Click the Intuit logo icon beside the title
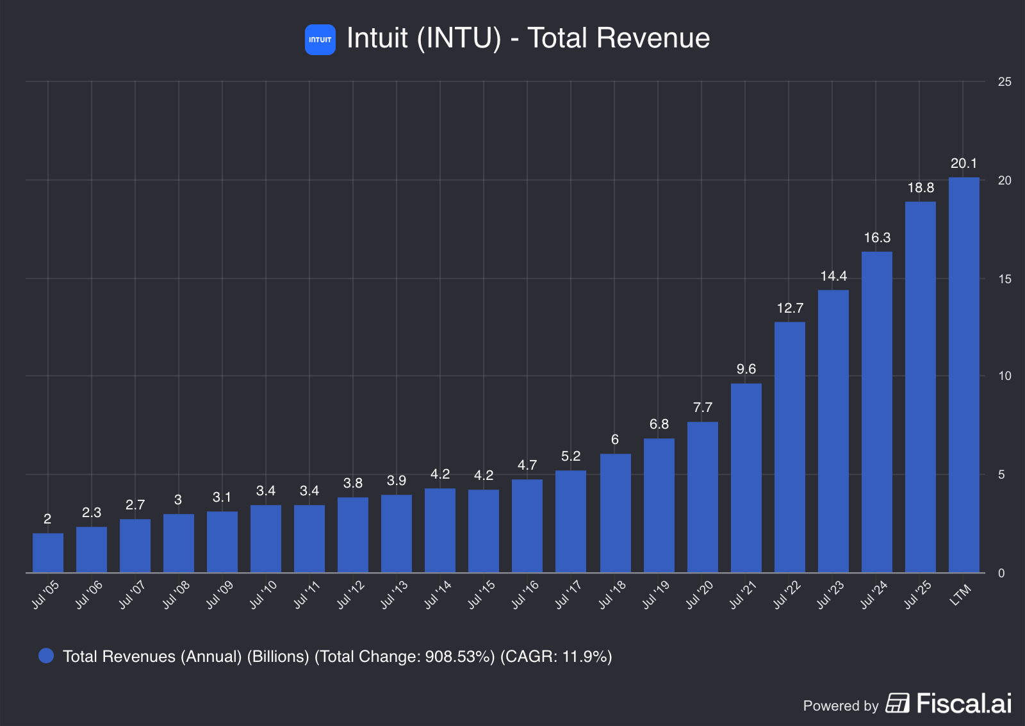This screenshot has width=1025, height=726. [x=320, y=40]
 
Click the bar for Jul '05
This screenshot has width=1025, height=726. [x=48, y=553]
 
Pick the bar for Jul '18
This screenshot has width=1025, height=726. [x=615, y=513]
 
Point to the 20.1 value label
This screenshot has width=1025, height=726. [x=963, y=163]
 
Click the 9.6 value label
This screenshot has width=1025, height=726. [x=746, y=369]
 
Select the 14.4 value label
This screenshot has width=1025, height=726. [x=833, y=276]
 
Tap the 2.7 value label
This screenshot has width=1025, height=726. [x=135, y=505]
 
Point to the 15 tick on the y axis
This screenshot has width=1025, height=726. [x=1004, y=279]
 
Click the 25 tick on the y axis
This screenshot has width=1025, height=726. [x=1004, y=82]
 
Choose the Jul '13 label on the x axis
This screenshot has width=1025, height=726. [x=394, y=595]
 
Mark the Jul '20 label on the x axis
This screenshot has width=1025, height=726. [x=699, y=595]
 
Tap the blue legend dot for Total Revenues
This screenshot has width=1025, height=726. [x=46, y=656]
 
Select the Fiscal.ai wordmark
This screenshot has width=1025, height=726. [x=963, y=704]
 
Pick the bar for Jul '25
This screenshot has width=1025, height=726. [x=920, y=387]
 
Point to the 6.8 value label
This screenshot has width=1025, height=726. [x=659, y=424]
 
